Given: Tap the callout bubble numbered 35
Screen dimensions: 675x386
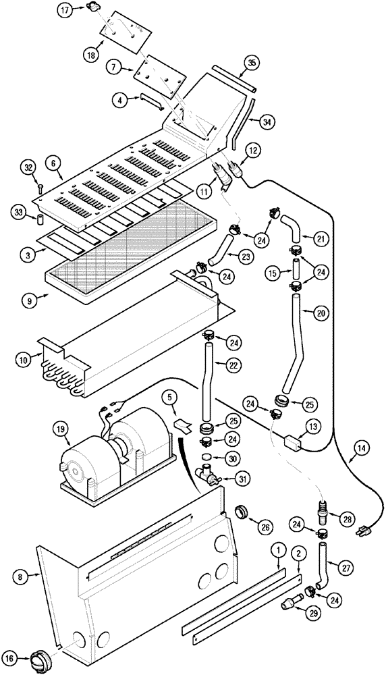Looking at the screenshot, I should [252, 63].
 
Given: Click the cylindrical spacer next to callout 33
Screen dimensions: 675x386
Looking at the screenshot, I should [40, 220].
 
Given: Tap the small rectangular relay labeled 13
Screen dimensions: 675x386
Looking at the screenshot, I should [292, 445].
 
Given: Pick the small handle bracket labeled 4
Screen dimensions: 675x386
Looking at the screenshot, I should [151, 101].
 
